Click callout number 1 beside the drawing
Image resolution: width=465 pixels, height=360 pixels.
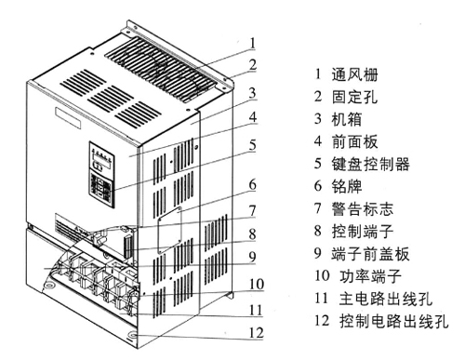pos(253,43)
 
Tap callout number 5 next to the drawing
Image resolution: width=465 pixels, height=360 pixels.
pos(253,145)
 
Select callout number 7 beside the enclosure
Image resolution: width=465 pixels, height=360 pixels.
pos(253,210)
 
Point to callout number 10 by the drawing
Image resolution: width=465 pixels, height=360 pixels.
pos(257,284)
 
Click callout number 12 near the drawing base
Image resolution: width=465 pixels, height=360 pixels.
pos(256,333)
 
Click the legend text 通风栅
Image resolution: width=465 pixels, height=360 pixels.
pos(355,74)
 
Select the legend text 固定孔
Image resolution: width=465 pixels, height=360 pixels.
pos(355,97)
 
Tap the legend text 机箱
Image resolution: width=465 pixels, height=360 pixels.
pos(347,119)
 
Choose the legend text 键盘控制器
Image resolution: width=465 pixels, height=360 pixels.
pos(371,164)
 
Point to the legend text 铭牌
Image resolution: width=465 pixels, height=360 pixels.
pos(347,186)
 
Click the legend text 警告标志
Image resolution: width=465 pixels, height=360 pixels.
pos(363,208)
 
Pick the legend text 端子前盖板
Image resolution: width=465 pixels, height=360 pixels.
pos(371,253)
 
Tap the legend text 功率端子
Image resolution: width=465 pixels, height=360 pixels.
pos(370,276)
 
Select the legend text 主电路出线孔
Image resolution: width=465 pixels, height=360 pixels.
pos(386,299)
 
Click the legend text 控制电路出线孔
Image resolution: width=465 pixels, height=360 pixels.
pos(394,321)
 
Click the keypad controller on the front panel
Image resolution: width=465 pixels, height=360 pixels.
pos(102,175)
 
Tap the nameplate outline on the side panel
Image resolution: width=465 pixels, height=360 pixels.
pos(169,231)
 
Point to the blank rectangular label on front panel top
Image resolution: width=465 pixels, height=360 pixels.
pos(68,118)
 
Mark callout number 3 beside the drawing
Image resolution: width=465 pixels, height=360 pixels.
pos(253,93)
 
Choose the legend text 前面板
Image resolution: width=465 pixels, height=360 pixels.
pos(355,141)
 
